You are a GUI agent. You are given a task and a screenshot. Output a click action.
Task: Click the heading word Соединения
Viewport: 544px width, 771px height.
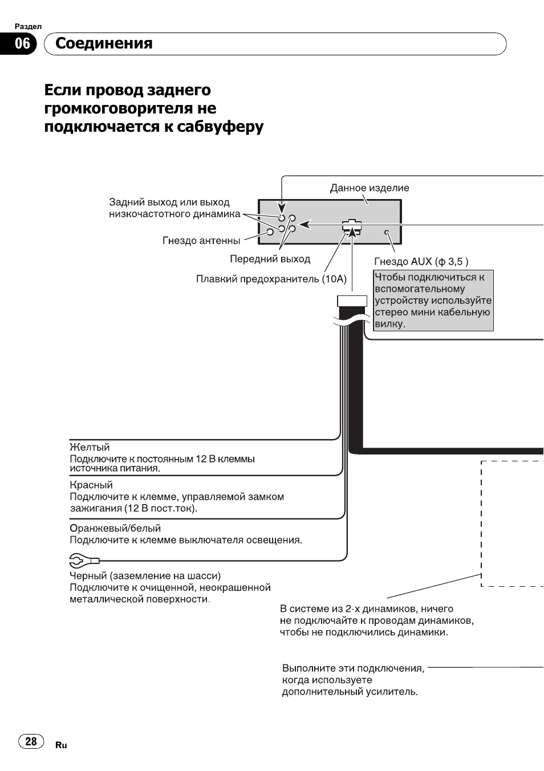point(104,44)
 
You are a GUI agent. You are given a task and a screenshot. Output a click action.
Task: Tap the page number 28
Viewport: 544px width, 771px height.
point(31,741)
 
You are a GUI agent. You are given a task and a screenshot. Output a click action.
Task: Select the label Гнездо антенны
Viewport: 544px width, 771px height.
point(201,240)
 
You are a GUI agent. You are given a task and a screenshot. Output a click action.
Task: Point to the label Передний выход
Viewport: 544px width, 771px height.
point(270,259)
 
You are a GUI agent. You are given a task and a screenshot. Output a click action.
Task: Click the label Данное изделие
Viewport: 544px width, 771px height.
point(370,188)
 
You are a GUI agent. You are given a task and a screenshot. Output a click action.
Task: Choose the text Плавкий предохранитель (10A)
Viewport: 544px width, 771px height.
point(271,279)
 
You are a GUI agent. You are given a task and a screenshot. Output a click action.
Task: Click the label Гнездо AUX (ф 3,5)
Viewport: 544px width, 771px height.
point(421,262)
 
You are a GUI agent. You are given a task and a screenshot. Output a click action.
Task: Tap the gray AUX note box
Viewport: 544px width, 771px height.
point(433,301)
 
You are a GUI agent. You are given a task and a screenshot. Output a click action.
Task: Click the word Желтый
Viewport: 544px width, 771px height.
point(90,447)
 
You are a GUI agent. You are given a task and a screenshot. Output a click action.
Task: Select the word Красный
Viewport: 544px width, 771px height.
point(91,485)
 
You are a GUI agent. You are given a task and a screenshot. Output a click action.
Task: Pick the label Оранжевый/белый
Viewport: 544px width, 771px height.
point(115,528)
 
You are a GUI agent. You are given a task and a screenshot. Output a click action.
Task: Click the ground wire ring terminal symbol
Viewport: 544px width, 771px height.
point(84,561)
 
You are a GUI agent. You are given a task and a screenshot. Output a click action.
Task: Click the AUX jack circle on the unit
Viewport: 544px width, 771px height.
point(387,232)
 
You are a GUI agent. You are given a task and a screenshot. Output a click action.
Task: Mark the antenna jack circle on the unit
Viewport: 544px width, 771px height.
point(270,232)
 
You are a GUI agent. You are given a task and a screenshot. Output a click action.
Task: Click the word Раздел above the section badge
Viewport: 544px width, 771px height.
point(28,26)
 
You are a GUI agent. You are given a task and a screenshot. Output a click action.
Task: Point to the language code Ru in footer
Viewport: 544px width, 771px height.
point(61,745)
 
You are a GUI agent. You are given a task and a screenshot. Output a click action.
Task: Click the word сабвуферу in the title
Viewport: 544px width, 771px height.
point(220,127)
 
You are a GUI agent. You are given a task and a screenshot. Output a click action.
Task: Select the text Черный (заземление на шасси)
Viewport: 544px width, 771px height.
point(145,576)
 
